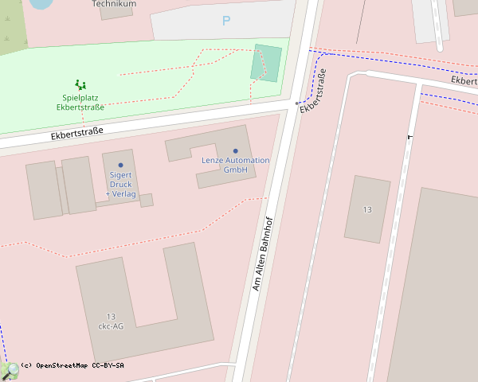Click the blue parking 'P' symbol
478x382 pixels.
(x=226, y=21)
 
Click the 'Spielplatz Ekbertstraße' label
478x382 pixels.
(x=80, y=102)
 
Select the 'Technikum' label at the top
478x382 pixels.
(x=114, y=4)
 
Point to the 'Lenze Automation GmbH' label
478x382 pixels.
(x=235, y=165)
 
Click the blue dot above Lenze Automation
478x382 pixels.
(x=235, y=150)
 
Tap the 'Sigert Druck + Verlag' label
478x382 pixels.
(x=121, y=184)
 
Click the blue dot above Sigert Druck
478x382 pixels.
(x=120, y=165)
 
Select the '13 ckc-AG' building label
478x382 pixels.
(x=110, y=321)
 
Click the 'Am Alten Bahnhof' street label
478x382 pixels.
(x=263, y=253)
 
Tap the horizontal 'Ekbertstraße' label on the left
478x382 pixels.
(x=77, y=131)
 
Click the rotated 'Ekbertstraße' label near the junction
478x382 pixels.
(x=314, y=91)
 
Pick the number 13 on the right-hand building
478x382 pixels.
(x=367, y=209)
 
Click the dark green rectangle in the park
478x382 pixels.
(x=266, y=63)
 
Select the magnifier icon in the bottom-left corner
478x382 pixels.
(x=10, y=371)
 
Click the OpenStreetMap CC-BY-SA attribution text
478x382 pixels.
(x=72, y=365)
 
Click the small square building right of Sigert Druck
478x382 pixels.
(x=147, y=201)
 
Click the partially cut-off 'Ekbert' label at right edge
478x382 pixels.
(x=464, y=80)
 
